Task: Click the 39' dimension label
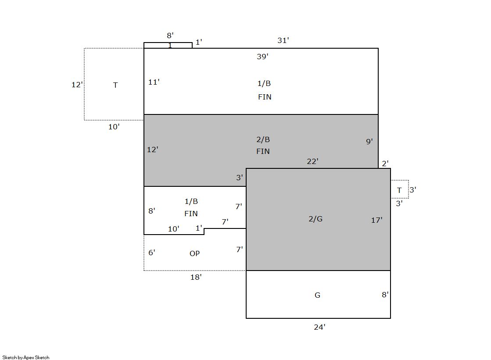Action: click(262, 57)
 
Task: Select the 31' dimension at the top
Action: click(283, 40)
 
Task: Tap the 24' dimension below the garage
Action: click(320, 327)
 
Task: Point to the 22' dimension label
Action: click(312, 161)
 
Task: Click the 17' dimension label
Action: click(377, 220)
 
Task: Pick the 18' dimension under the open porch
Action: click(196, 277)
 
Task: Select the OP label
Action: click(194, 253)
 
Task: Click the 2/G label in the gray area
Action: click(315, 218)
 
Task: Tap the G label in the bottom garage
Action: click(317, 295)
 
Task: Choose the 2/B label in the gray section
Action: click(263, 139)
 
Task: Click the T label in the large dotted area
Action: click(115, 85)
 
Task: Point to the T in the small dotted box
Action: click(399, 190)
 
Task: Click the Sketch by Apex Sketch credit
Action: click(26, 357)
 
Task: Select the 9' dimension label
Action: click(369, 141)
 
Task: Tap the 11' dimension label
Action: click(154, 82)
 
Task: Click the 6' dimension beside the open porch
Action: click(152, 252)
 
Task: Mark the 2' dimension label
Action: click(386, 163)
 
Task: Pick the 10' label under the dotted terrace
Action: click(114, 126)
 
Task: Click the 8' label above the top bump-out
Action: click(170, 36)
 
